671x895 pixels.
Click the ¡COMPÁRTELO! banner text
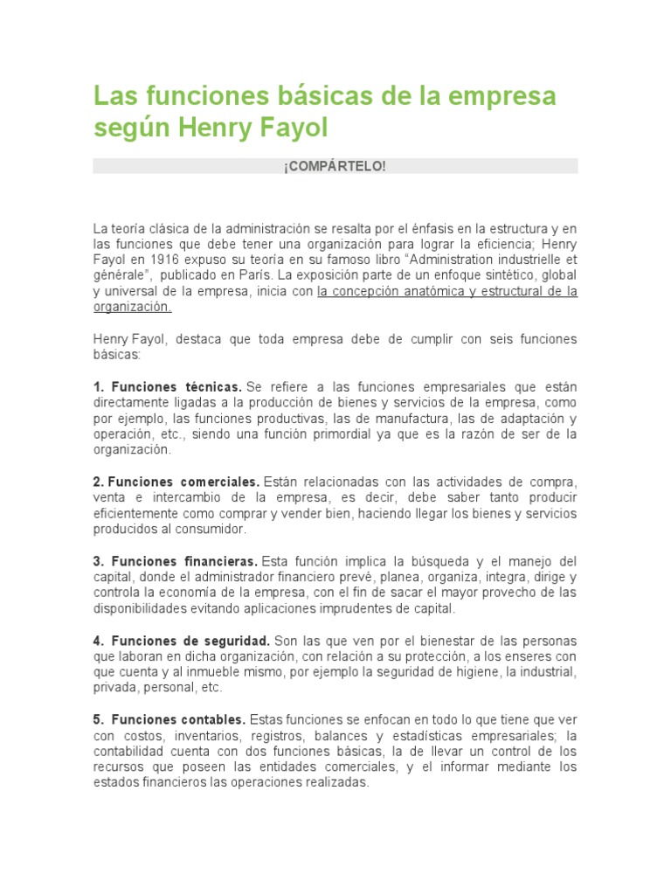(x=335, y=166)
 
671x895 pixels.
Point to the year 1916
(x=167, y=260)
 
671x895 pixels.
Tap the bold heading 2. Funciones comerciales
(x=176, y=482)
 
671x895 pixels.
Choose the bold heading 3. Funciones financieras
(x=175, y=561)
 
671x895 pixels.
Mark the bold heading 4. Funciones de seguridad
(x=182, y=641)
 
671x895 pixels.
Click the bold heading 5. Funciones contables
(x=169, y=719)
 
